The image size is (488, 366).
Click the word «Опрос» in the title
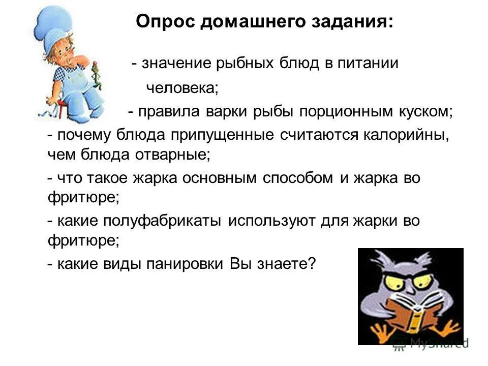pyautogui.click(x=165, y=22)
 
